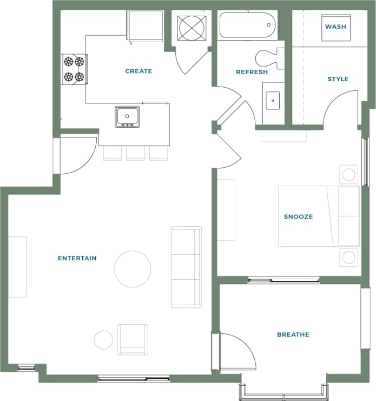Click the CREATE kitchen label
point(138,71)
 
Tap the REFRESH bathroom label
point(252,72)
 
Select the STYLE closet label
point(338,79)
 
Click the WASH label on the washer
point(335,27)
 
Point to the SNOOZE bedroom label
point(298,216)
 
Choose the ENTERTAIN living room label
point(77,258)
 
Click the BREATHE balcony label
point(293,334)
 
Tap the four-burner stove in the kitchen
point(74,69)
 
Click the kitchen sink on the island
point(127,116)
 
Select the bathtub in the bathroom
point(248,25)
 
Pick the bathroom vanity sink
point(272,100)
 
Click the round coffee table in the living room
point(133,269)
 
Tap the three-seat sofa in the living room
point(186,267)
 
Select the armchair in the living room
point(133,339)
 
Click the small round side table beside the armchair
point(103,339)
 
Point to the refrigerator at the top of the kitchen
point(145,25)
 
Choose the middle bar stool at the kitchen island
point(135,153)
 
